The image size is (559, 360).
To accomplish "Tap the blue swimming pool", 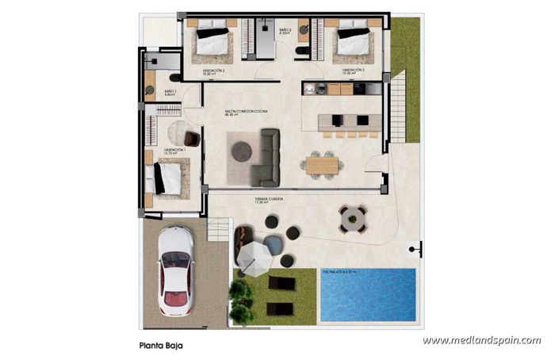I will (368, 294).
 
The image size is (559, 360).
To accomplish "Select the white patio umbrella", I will (255, 255).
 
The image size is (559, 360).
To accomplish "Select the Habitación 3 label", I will (353, 71).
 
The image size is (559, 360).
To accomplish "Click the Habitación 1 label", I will (174, 149).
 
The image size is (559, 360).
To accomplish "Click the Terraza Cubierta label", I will (269, 199).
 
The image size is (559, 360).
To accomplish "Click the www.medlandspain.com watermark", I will (481, 341).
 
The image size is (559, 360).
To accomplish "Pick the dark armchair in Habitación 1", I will (191, 138).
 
